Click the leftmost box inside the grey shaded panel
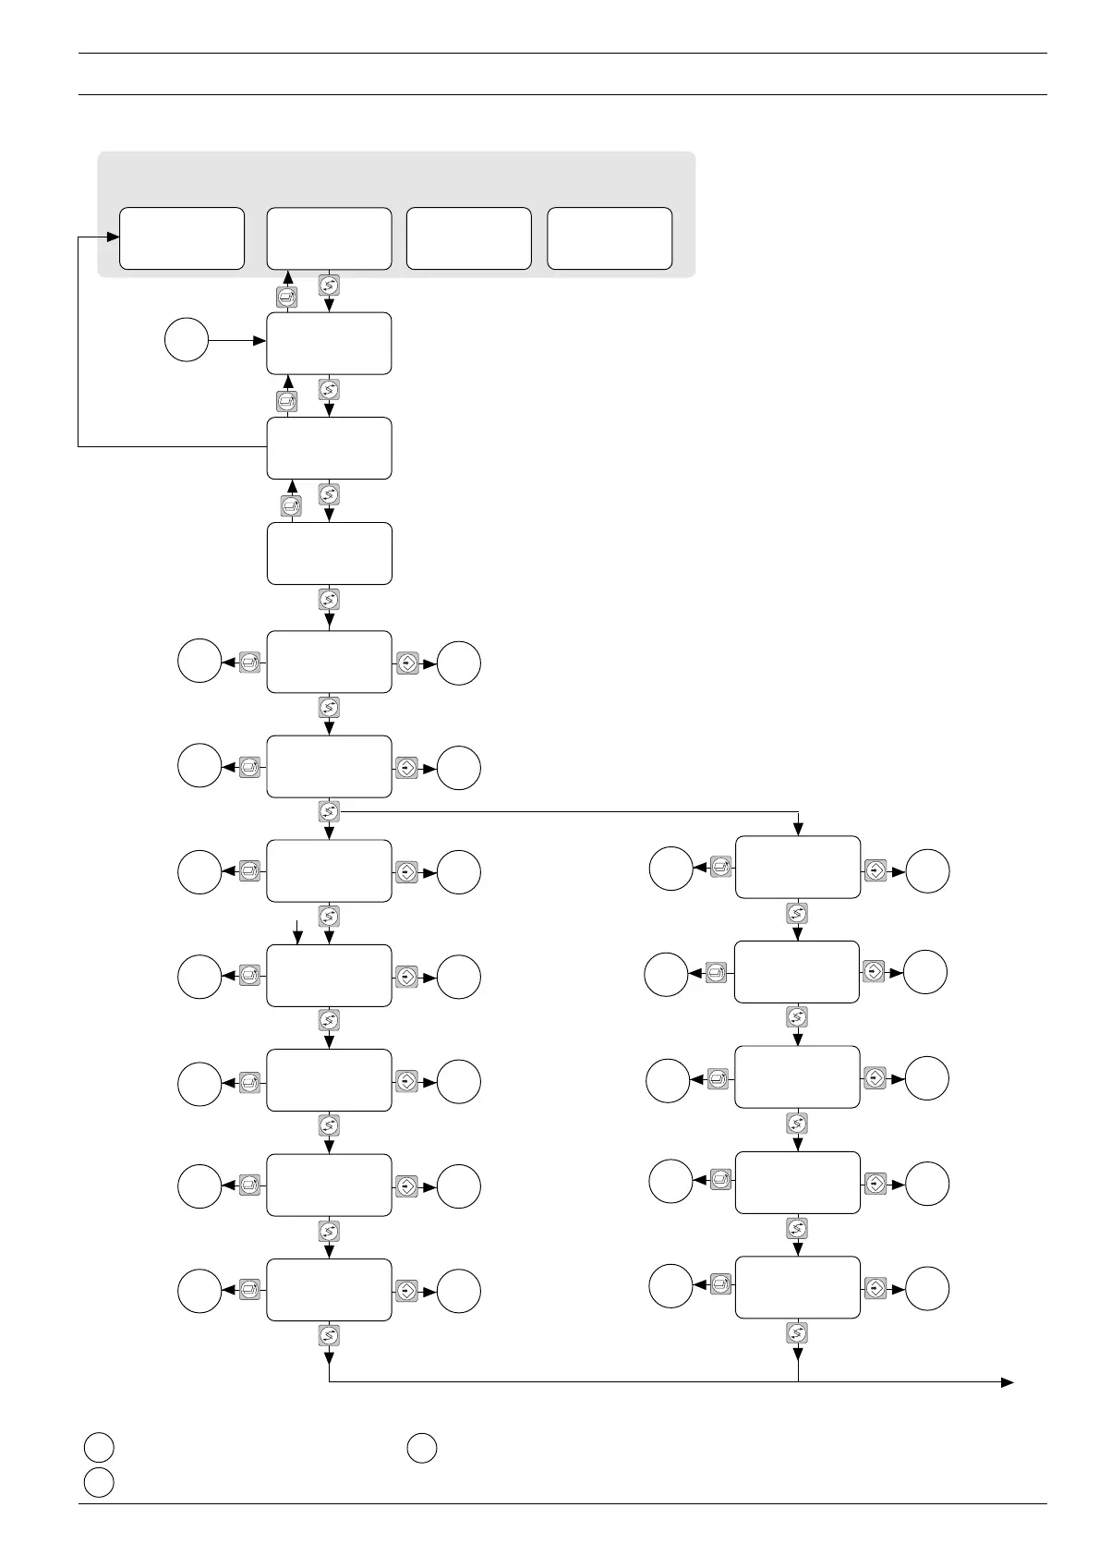coord(182,238)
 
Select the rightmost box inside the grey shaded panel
coord(610,238)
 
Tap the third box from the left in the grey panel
coord(469,238)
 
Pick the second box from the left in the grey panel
coord(329,238)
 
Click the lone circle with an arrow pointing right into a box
coord(186,341)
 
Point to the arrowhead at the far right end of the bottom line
coord(1008,1382)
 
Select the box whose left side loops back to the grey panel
coord(329,448)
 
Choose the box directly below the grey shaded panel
coord(329,343)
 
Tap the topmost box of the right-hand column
coord(798,867)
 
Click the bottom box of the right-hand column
coord(798,1287)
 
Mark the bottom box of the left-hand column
coord(329,1290)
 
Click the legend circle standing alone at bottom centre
coord(422,1448)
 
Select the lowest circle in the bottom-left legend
coord(99,1482)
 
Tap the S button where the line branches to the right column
coord(329,811)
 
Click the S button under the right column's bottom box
coord(798,1332)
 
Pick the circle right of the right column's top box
coord(928,870)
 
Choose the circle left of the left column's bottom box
coord(199,1290)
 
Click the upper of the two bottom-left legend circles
coord(99,1448)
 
